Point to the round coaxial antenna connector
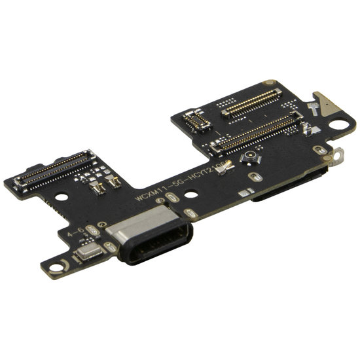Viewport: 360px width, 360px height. (250, 158)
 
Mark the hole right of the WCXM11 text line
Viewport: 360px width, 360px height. (190, 194)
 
